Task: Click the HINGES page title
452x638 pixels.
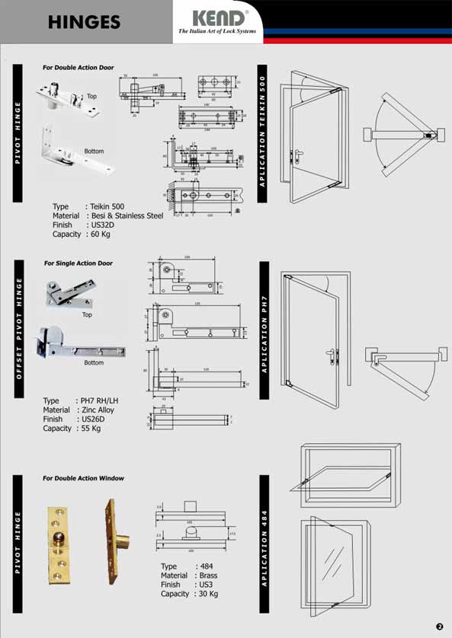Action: (84, 22)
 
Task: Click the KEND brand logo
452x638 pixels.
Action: (219, 18)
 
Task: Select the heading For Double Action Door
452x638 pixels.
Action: (79, 68)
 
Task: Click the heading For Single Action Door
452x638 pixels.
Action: (78, 263)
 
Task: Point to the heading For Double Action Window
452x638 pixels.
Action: (83, 478)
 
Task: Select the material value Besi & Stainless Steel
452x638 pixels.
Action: (127, 215)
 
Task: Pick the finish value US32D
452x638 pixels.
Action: (103, 225)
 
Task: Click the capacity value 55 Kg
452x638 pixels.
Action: (91, 429)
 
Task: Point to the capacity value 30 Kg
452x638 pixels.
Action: (207, 594)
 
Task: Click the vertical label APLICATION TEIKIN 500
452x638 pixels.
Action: (264, 138)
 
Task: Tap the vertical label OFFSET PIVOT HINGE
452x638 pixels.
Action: (19, 339)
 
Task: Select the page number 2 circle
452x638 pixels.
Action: (439, 626)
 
